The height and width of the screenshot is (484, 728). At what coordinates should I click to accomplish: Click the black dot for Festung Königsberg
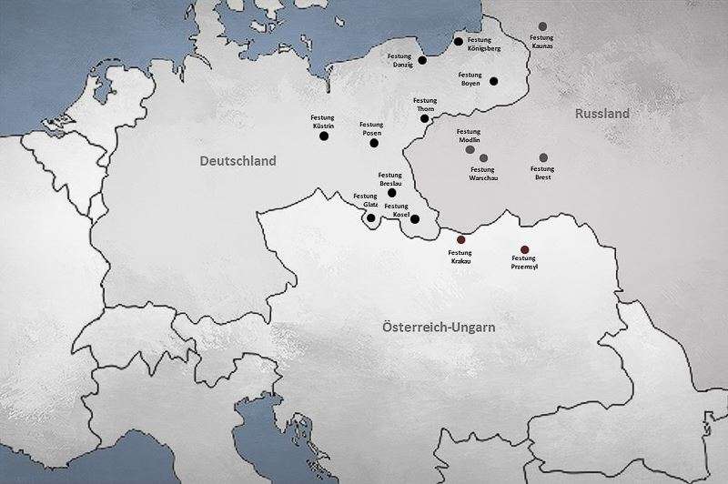click(x=459, y=41)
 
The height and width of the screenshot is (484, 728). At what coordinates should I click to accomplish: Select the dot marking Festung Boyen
click(x=494, y=81)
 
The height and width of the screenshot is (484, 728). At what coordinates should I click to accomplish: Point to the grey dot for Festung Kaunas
click(x=543, y=25)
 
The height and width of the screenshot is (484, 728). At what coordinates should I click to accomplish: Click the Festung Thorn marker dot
click(x=424, y=118)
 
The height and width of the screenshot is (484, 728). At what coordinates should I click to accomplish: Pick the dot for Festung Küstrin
click(x=324, y=136)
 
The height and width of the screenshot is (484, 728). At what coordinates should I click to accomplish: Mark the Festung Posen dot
click(x=373, y=143)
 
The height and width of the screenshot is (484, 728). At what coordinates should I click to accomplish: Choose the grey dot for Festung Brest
click(x=544, y=157)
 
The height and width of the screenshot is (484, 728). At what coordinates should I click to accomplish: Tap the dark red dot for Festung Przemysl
click(x=524, y=249)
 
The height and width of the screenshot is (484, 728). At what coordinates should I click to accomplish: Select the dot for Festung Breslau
click(x=392, y=193)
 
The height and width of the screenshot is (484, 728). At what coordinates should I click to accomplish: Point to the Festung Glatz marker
click(x=370, y=217)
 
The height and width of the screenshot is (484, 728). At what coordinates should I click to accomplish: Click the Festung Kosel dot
click(x=415, y=219)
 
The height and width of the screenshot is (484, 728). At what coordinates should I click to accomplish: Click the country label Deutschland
click(x=238, y=161)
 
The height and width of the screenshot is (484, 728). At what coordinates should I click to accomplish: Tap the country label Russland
click(x=602, y=115)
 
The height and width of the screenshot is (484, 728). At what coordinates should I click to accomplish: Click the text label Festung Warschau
click(x=482, y=173)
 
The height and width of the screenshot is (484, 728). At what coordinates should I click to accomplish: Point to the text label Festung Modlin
click(x=468, y=135)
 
